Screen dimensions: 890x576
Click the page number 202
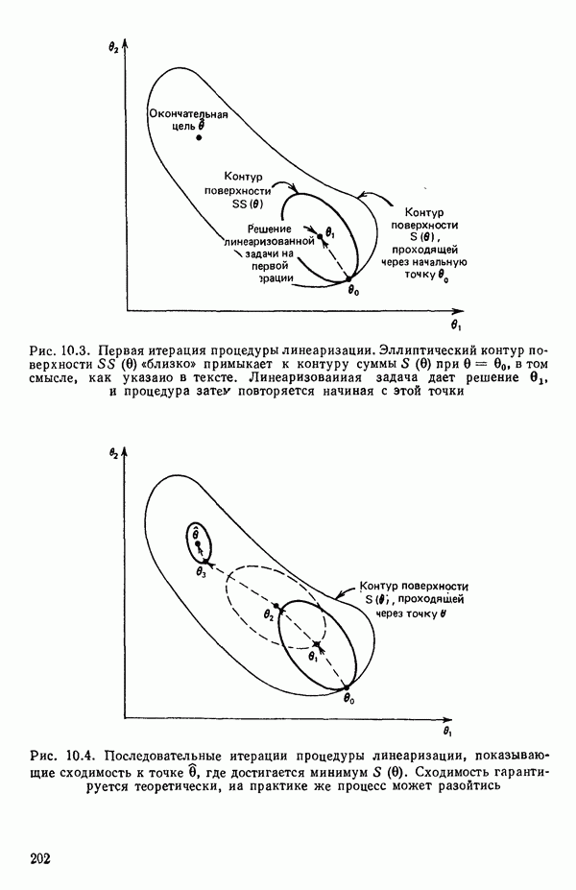coord(40,857)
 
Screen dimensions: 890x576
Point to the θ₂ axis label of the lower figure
coord(114,451)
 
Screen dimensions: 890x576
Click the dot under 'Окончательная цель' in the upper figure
coord(199,137)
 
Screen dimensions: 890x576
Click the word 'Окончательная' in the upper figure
coord(191,112)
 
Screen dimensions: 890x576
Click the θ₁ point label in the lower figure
coord(313,658)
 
